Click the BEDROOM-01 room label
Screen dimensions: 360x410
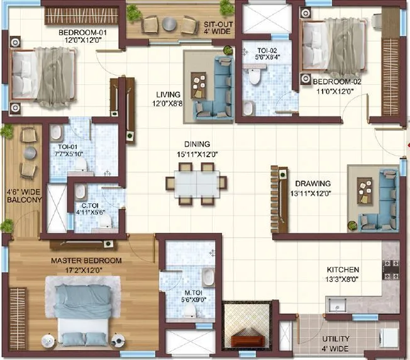coord(82,33)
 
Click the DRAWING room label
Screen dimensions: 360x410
coord(314,184)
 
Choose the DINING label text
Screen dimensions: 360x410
coord(197,144)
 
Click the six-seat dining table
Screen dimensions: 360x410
coord(196,183)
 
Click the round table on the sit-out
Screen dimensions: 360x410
coord(169,24)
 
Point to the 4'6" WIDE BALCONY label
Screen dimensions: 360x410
coord(24,195)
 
